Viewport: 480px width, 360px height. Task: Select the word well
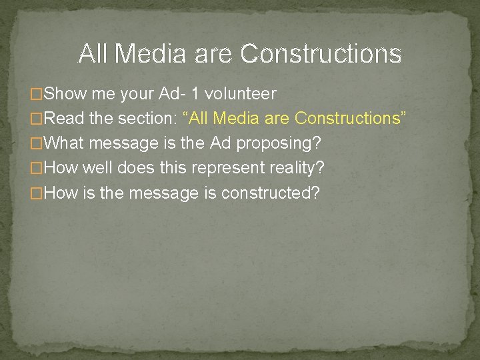click(x=100, y=168)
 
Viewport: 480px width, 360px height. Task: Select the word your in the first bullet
click(x=139, y=93)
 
